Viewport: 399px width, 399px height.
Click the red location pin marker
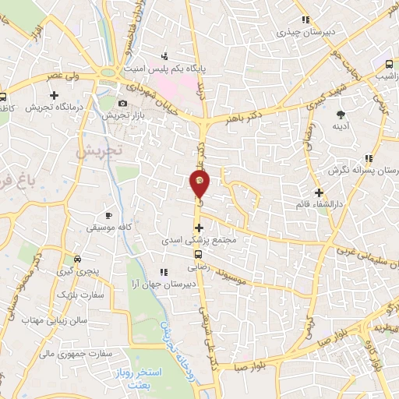click(x=199, y=184)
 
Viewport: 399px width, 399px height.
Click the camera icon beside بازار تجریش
click(x=122, y=103)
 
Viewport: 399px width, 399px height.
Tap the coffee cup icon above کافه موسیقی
click(x=108, y=214)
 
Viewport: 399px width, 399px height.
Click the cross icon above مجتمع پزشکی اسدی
click(x=199, y=228)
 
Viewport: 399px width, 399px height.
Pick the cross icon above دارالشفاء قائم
click(x=318, y=192)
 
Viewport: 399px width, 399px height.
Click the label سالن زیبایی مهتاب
click(x=52, y=320)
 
